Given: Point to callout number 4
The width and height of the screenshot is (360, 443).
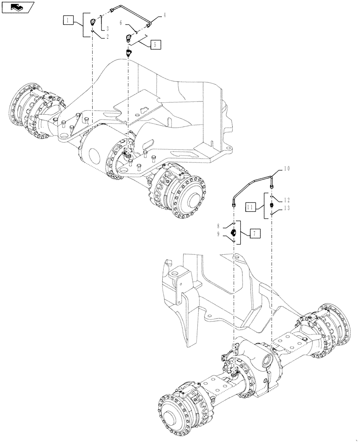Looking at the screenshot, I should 164,16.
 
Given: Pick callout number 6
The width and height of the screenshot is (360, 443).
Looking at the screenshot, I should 121,22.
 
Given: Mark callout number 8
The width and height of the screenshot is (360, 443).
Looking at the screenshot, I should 224,226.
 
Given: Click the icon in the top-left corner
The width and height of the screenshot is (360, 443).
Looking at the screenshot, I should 18,7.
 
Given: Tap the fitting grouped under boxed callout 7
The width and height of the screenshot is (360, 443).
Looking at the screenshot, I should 234,232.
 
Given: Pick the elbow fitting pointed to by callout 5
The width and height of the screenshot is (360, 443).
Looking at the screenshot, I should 128,39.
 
